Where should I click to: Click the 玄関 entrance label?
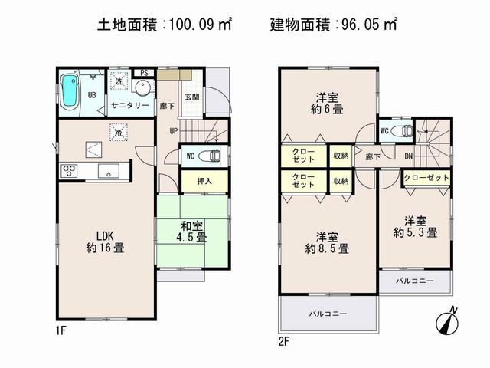(192, 97)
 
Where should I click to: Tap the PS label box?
(143, 74)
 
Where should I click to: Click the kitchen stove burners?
(70, 170)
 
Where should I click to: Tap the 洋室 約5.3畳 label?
(416, 225)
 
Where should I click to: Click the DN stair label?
(410, 157)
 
